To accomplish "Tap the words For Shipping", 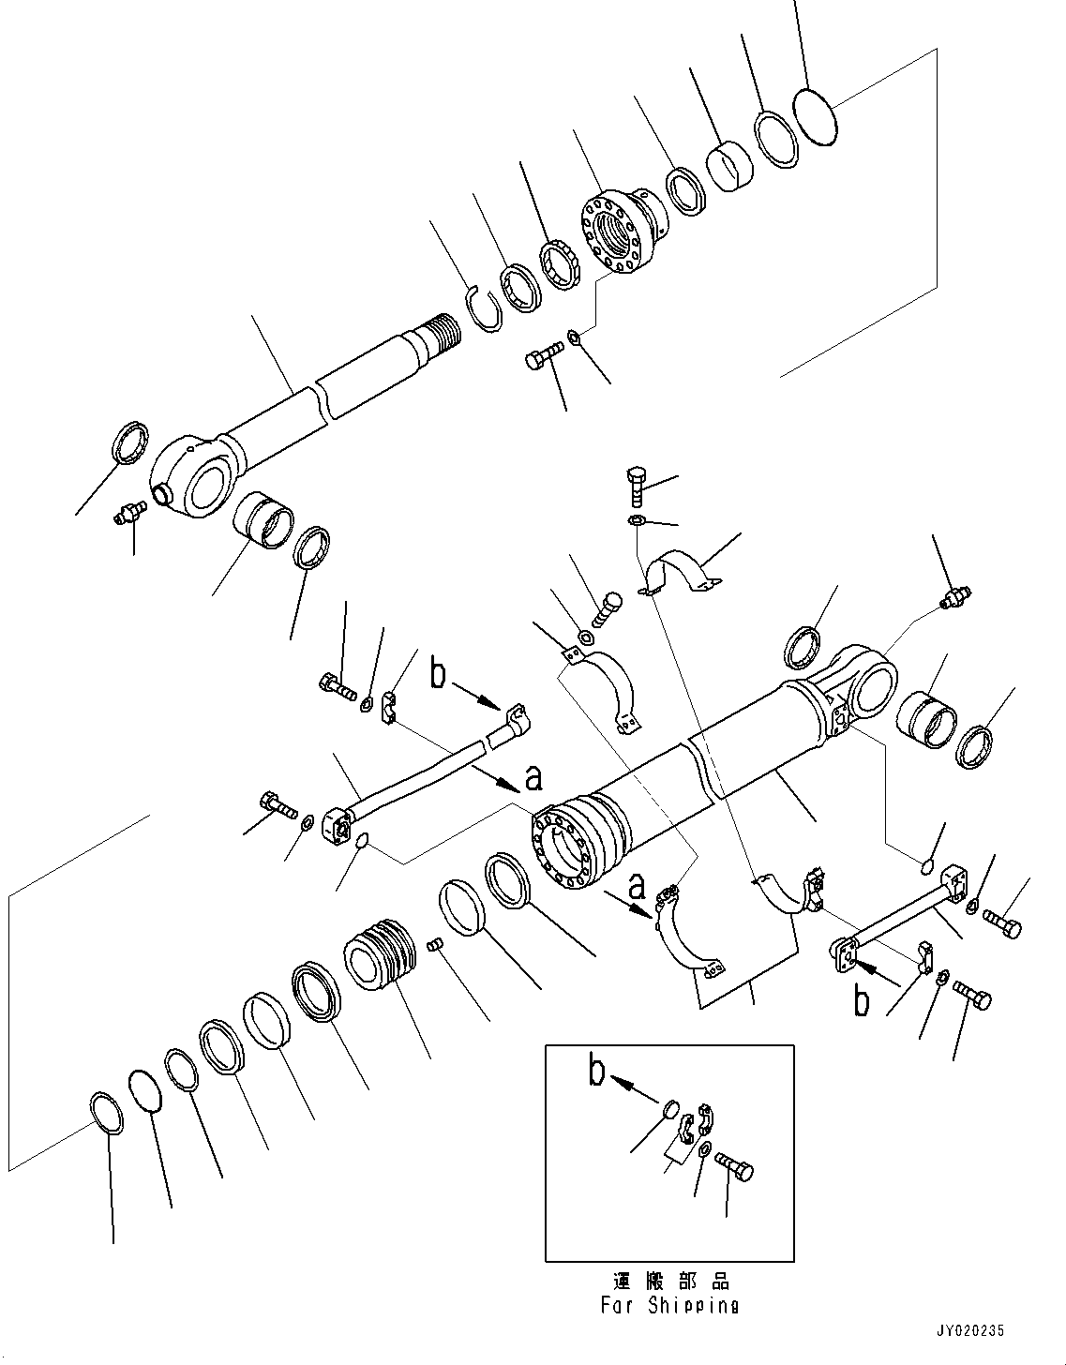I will click(x=668, y=1305).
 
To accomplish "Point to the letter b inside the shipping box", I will click(x=597, y=1072).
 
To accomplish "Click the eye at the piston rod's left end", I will click(x=201, y=477).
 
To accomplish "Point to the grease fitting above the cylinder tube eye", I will click(x=956, y=596).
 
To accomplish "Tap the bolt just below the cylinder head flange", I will click(x=544, y=357).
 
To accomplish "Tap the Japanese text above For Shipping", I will click(x=668, y=1281).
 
